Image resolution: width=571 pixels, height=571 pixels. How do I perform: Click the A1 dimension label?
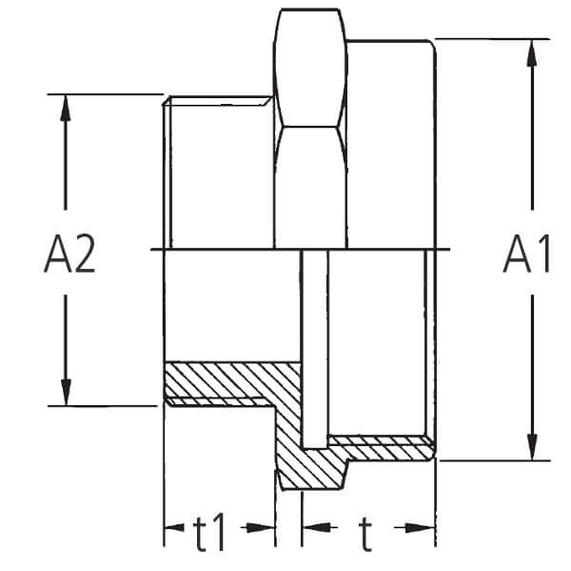point(526,255)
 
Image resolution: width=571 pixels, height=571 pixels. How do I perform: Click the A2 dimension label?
point(69,255)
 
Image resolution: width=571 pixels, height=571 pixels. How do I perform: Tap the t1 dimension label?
point(209,532)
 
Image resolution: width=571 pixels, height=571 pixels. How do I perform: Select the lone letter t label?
point(365,534)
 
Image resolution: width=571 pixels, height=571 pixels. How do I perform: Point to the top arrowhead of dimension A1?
point(532,53)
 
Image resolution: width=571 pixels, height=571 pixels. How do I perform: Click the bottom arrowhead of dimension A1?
point(532,446)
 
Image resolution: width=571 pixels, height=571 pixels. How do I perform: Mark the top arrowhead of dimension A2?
point(66,108)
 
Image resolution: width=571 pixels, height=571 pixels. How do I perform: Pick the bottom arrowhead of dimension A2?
point(66,393)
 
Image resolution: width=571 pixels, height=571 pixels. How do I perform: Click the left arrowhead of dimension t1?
point(174,527)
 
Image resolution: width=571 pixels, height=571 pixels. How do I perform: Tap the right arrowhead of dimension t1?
point(261,527)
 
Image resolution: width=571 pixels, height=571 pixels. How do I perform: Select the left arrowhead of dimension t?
point(315,527)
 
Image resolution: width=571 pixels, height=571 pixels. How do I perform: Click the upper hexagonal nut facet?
point(310,68)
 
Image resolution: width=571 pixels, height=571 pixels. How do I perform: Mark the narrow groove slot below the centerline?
point(315,349)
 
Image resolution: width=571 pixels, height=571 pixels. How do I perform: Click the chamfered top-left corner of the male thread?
point(167,101)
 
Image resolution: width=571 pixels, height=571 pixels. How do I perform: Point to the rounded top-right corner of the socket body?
point(431,45)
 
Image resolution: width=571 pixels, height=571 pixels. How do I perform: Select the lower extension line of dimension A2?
point(103,406)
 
